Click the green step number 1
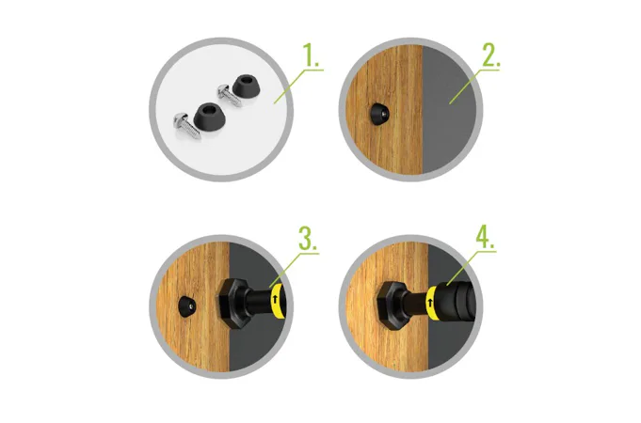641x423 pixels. point(311,55)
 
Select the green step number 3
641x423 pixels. point(308,239)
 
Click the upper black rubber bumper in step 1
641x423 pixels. point(245,86)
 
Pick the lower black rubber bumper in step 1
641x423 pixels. point(209,115)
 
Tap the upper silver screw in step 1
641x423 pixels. point(229,95)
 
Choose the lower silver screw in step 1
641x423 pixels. point(186,126)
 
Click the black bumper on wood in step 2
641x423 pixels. point(379,114)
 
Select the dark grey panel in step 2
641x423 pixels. point(448,109)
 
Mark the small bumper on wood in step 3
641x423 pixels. point(188,305)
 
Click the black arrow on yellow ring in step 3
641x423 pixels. point(275,299)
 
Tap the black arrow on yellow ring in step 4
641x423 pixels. point(429,304)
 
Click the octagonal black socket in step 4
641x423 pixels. point(392,305)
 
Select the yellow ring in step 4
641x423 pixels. point(432,303)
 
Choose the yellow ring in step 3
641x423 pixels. point(277,302)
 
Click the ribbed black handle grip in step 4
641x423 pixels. point(457,301)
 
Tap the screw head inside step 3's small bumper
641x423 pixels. point(191,305)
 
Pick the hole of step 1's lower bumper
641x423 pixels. point(209,109)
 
